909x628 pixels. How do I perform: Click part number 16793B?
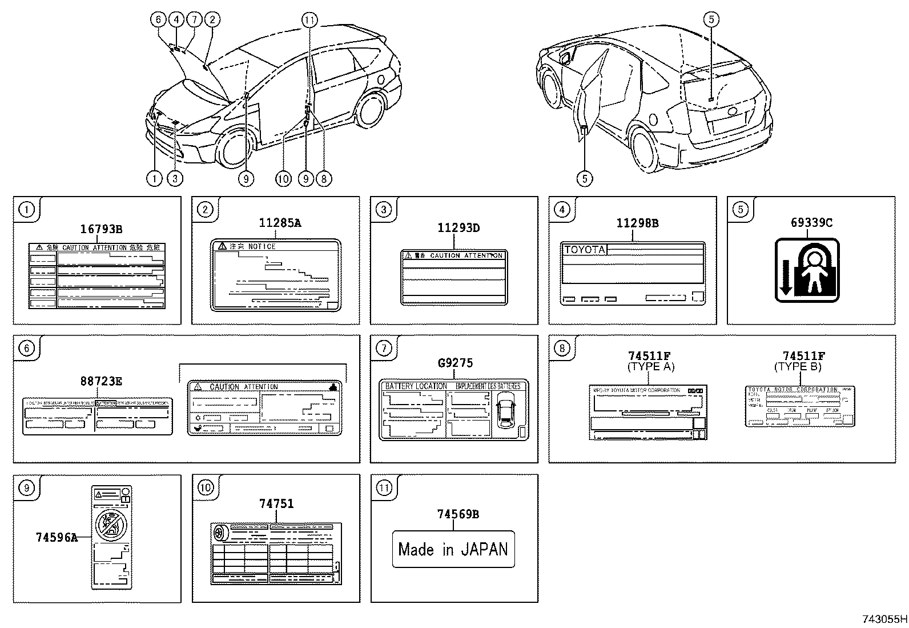(101, 230)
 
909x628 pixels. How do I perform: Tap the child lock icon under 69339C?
(807, 270)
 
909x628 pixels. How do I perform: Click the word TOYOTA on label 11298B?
(584, 250)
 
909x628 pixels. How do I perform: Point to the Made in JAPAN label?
(453, 549)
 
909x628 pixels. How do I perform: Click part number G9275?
(455, 363)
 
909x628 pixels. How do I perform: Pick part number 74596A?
(56, 537)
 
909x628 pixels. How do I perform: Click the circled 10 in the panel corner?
(205, 487)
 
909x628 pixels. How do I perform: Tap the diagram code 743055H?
(884, 619)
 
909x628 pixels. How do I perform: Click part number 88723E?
(100, 381)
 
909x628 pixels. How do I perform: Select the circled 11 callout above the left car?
(309, 20)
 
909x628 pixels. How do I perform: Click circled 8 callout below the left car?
(323, 179)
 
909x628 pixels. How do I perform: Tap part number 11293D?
(458, 228)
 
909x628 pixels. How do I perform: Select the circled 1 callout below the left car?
(154, 179)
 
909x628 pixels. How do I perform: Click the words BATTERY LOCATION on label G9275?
(416, 386)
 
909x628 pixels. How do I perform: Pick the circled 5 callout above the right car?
(710, 20)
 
